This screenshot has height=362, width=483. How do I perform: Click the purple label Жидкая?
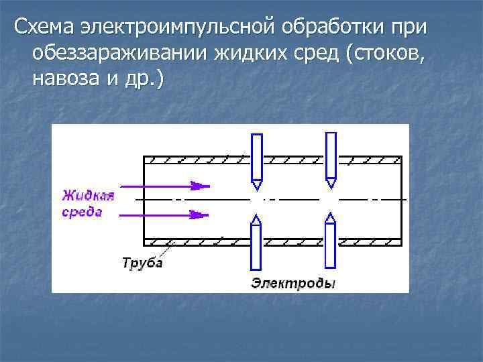[x=88, y=196]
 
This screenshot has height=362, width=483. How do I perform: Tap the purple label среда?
[x=83, y=212]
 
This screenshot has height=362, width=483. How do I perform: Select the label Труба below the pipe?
[x=142, y=262]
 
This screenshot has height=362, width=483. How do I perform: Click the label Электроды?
[x=293, y=284]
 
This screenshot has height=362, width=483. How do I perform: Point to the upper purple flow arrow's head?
[x=199, y=186]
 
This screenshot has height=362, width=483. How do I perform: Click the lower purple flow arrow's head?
[x=199, y=215]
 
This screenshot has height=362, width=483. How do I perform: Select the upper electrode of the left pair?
[x=256, y=156]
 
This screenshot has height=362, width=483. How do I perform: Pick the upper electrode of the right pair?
[x=330, y=155]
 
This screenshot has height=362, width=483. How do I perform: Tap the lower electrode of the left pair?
[x=256, y=244]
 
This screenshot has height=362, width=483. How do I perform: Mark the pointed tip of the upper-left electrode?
[x=256, y=185]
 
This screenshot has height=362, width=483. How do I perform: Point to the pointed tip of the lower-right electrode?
[x=329, y=216]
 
